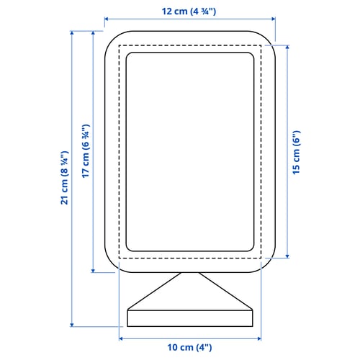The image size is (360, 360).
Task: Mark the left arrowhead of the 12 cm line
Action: click(107, 21)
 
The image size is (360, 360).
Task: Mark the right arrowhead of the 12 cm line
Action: click(274, 21)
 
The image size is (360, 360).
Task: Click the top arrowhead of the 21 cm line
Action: click(73, 33)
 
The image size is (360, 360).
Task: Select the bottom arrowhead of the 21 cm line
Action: click(73, 325)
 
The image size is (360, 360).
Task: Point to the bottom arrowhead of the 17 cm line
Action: click(94, 271)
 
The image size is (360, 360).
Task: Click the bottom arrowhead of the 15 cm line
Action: click(287, 256)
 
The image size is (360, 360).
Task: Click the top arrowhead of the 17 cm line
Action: click(94, 33)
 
